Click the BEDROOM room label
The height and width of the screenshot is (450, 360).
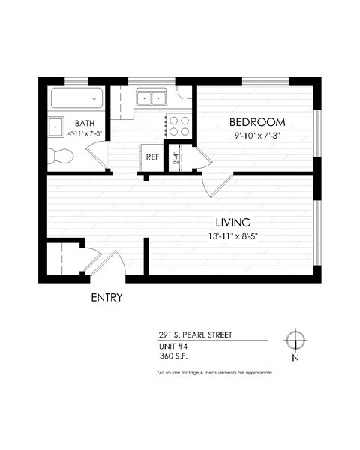[257, 122]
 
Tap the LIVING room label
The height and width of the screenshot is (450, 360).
[232, 223]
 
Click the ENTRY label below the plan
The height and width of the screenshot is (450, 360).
[106, 298]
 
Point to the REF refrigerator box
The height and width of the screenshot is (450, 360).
[152, 157]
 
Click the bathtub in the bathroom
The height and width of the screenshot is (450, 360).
[76, 97]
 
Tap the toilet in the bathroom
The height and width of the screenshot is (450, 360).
[60, 156]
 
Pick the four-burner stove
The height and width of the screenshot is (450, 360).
[178, 124]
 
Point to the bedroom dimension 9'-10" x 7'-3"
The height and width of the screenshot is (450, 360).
[257, 136]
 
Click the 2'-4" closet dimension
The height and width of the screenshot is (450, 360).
[176, 159]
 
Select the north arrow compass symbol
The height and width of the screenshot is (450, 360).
[295, 340]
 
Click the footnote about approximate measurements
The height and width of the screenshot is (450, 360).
[214, 373]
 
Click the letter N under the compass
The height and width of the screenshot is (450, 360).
[295, 358]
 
